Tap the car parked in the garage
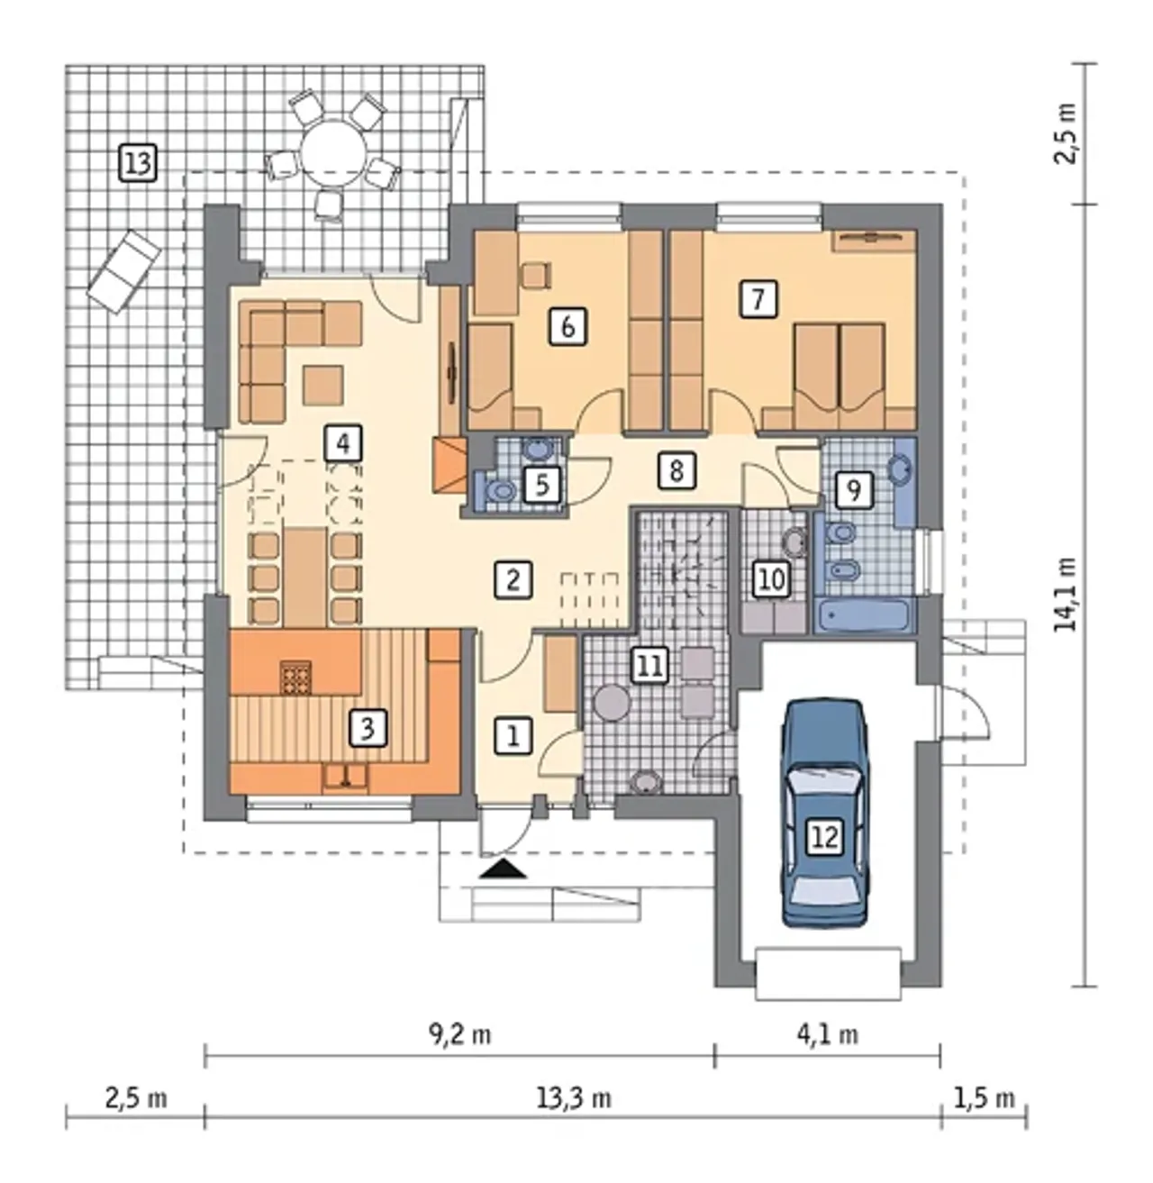tap(825, 812)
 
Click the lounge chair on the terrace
tap(124, 272)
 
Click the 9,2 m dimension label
tap(460, 1034)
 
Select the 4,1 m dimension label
tap(827, 1034)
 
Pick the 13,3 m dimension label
tap(573, 1098)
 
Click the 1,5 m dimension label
tap(984, 1098)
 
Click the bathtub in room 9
tap(864, 615)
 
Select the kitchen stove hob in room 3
tap(296, 678)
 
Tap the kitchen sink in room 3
tap(345, 778)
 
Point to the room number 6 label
tap(567, 327)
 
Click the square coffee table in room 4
tap(322, 386)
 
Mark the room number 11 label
tap(649, 666)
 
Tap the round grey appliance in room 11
tap(612, 704)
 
